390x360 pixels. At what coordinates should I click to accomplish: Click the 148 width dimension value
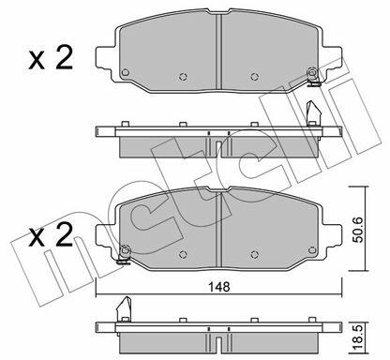click(x=219, y=286)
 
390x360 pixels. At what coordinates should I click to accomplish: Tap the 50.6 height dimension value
click(x=359, y=230)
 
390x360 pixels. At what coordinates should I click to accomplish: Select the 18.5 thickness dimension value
click(x=359, y=337)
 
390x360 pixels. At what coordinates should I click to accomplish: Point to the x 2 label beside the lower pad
click(x=51, y=235)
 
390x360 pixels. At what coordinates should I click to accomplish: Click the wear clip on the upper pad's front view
click(x=312, y=77)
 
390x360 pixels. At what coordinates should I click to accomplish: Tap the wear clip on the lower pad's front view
click(x=124, y=255)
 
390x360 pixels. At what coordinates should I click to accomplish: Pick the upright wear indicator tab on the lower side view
click(x=124, y=308)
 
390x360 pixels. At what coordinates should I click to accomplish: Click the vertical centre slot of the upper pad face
click(x=218, y=52)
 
